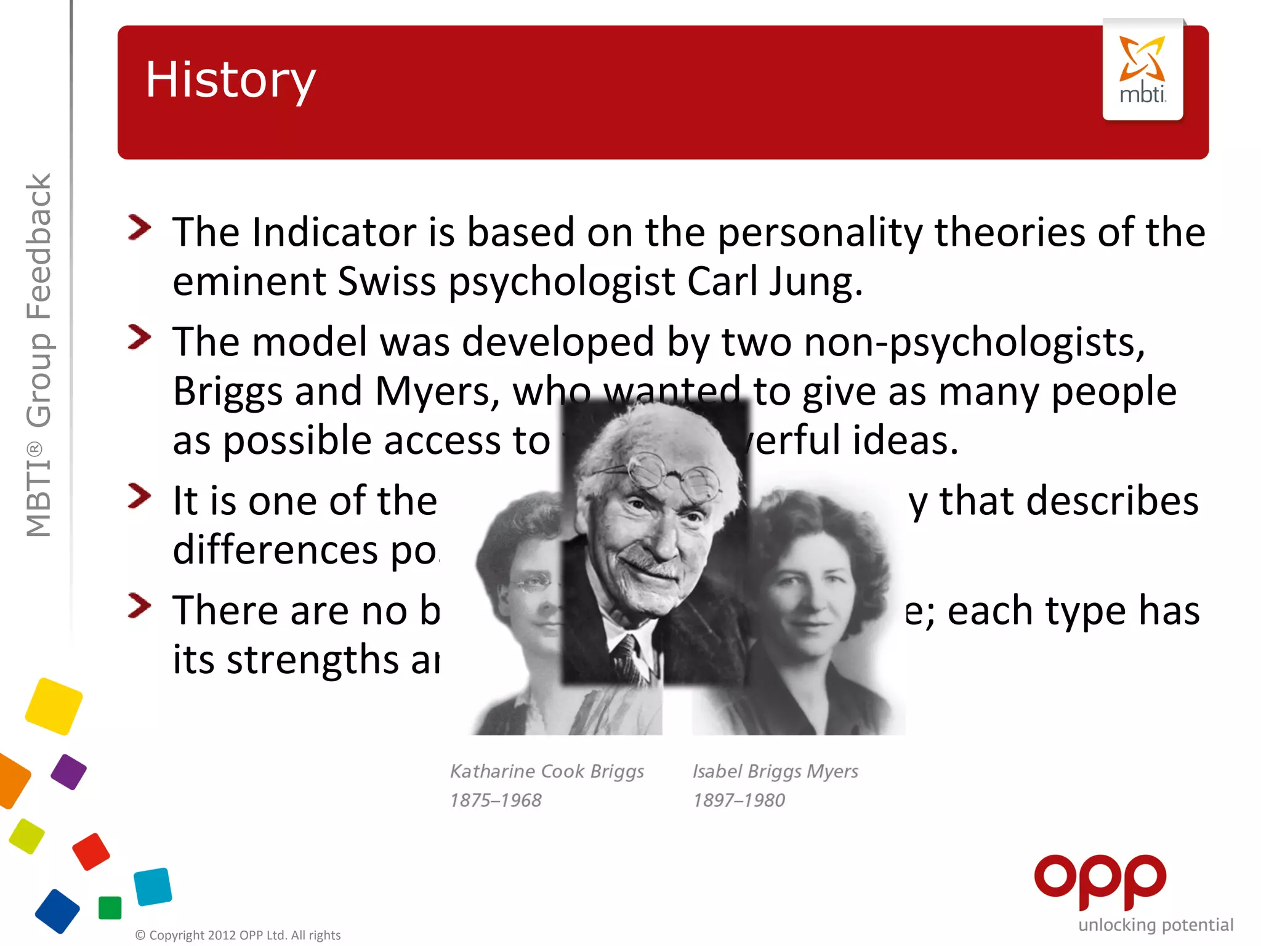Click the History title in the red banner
pyautogui.click(x=230, y=80)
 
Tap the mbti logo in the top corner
pyautogui.click(x=1142, y=70)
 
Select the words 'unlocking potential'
pyautogui.click(x=1156, y=925)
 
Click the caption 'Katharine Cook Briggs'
pyautogui.click(x=547, y=771)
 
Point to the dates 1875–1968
pyautogui.click(x=496, y=800)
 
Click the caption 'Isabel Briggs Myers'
pyautogui.click(x=775, y=771)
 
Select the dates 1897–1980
pyautogui.click(x=739, y=800)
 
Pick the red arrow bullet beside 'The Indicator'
pyautogui.click(x=140, y=227)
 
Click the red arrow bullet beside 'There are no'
pyautogui.click(x=140, y=605)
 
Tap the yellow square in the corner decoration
pyautogui.click(x=54, y=706)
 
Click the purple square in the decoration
pyautogui.click(x=68, y=772)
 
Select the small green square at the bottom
pyautogui.click(x=110, y=908)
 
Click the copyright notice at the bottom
pyautogui.click(x=238, y=935)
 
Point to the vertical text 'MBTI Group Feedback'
pyautogui.click(x=39, y=355)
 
